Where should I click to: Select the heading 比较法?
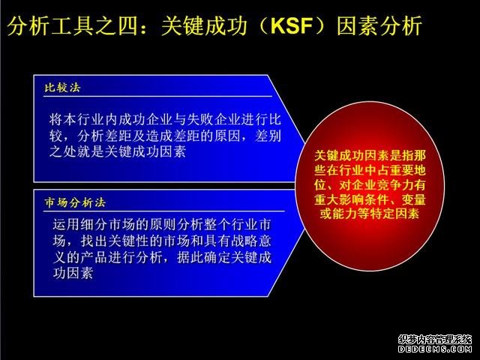tap(62, 88)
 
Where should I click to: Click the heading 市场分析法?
tap(75, 202)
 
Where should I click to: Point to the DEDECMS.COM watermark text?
tap(435, 349)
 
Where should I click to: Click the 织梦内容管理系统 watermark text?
tap(435, 340)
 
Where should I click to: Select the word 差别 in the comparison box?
tap(268, 136)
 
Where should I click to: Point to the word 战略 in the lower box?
tap(244, 241)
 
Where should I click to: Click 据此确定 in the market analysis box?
tap(203, 257)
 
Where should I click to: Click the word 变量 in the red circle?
tap(414, 199)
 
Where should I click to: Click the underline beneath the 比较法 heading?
tap(157, 97)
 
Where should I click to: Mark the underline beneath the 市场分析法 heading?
tap(164, 211)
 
